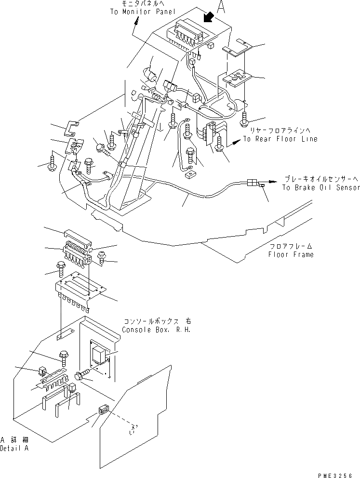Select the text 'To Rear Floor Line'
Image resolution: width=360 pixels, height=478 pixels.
280,139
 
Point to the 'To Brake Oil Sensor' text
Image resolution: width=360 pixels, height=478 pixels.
320,187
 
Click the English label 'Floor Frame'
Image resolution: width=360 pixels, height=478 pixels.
291,254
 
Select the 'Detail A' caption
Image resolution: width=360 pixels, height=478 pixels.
14,448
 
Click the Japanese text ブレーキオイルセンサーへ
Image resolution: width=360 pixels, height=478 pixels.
320,178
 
